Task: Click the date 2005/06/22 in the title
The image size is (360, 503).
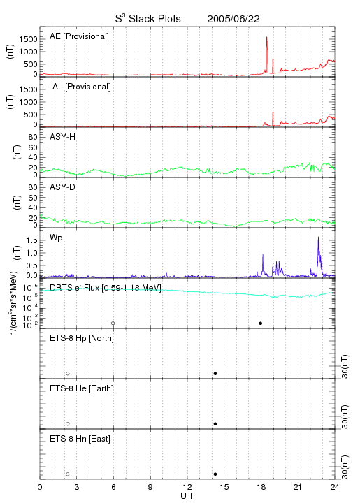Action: [x=233, y=19]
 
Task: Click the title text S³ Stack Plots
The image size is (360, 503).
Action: [x=148, y=19]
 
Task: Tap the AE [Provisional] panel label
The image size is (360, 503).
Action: [x=79, y=36]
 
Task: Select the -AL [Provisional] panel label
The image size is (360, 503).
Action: [x=80, y=87]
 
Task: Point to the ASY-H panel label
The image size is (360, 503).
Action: [x=63, y=137]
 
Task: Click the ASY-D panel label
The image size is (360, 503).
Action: [x=63, y=187]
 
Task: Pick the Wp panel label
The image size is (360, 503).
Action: [x=56, y=238]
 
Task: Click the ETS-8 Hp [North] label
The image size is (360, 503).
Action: [x=82, y=338]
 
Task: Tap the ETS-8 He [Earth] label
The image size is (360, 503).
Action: [x=82, y=388]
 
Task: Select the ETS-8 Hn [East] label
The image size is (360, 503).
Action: [x=80, y=439]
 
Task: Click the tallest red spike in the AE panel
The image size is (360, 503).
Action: [x=267, y=38]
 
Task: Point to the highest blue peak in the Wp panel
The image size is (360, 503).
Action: [x=318, y=238]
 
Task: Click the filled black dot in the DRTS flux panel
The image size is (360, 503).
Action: [x=261, y=323]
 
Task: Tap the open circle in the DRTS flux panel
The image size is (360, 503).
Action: [x=113, y=323]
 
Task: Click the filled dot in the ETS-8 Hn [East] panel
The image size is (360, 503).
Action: [x=215, y=474]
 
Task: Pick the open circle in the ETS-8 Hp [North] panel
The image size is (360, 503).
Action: [x=68, y=374]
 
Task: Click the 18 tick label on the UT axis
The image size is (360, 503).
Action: [x=261, y=487]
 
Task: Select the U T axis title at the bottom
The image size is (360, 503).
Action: [x=187, y=496]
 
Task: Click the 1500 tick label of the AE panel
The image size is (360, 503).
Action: [x=28, y=39]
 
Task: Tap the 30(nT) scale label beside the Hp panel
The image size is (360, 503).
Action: [x=345, y=366]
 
